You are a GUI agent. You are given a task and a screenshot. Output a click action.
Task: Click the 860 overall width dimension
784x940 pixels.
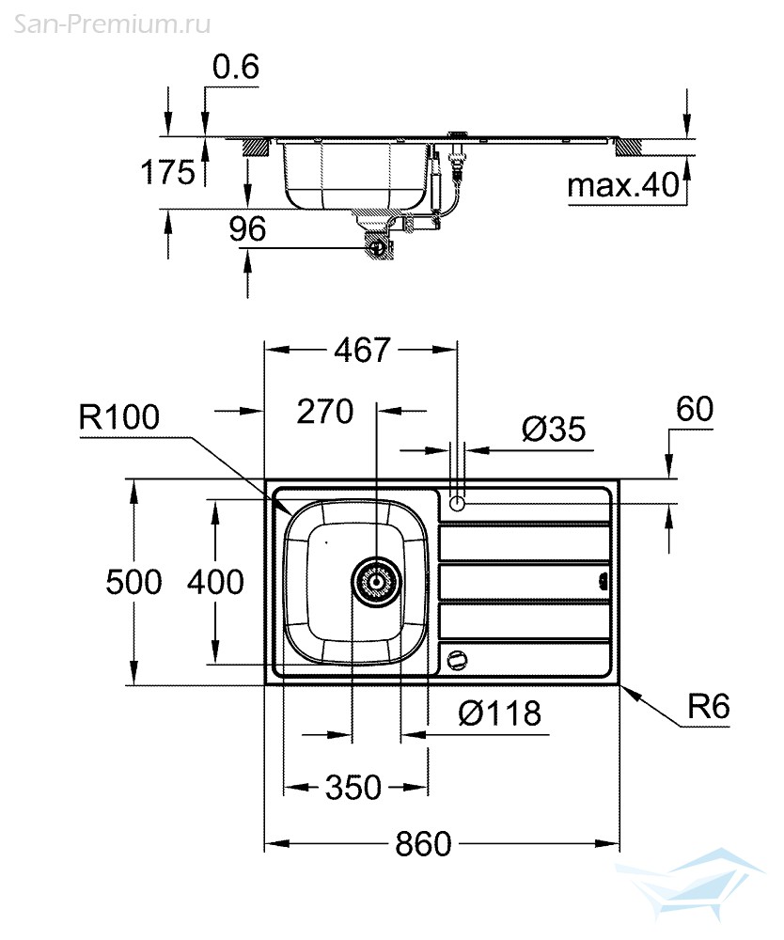pos(422,843)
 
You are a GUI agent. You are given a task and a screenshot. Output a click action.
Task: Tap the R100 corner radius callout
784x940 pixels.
pos(119,417)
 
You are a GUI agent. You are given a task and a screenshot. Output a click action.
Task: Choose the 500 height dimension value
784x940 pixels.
pos(134,582)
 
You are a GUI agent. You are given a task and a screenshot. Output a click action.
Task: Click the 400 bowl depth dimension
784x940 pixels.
pos(215,582)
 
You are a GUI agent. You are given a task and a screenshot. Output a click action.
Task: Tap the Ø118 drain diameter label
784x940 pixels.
pos(499,713)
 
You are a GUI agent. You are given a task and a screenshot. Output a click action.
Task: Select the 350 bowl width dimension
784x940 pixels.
pos(353,787)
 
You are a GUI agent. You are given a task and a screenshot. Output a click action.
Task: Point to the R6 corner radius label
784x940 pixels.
pos(708,707)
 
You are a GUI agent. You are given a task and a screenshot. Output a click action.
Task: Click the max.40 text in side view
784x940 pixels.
pos(623,186)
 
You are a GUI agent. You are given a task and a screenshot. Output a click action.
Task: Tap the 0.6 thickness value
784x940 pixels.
pos(235,68)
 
